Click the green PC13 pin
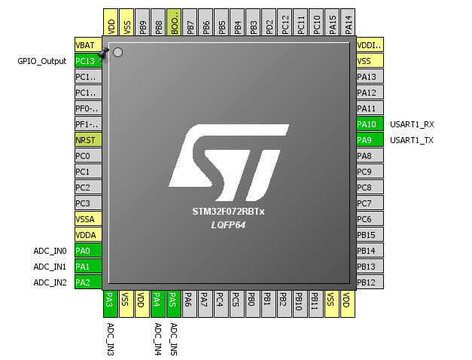[88, 61]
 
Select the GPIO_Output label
[42, 61]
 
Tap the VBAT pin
[88, 45]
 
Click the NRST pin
[88, 140]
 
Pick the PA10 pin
[370, 124]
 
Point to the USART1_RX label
[412, 124]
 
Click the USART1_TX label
[412, 140]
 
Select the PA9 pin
[370, 140]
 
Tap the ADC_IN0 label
[50, 251]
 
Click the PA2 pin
[88, 282]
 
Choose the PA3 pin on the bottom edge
[110, 304]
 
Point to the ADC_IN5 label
[174, 339]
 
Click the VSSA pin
[88, 218]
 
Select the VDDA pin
[88, 235]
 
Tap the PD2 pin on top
[269, 22]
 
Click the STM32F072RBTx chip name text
[229, 212]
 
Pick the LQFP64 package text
[229, 225]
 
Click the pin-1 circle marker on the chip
[117, 53]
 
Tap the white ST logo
[229, 163]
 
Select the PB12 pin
[370, 282]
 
